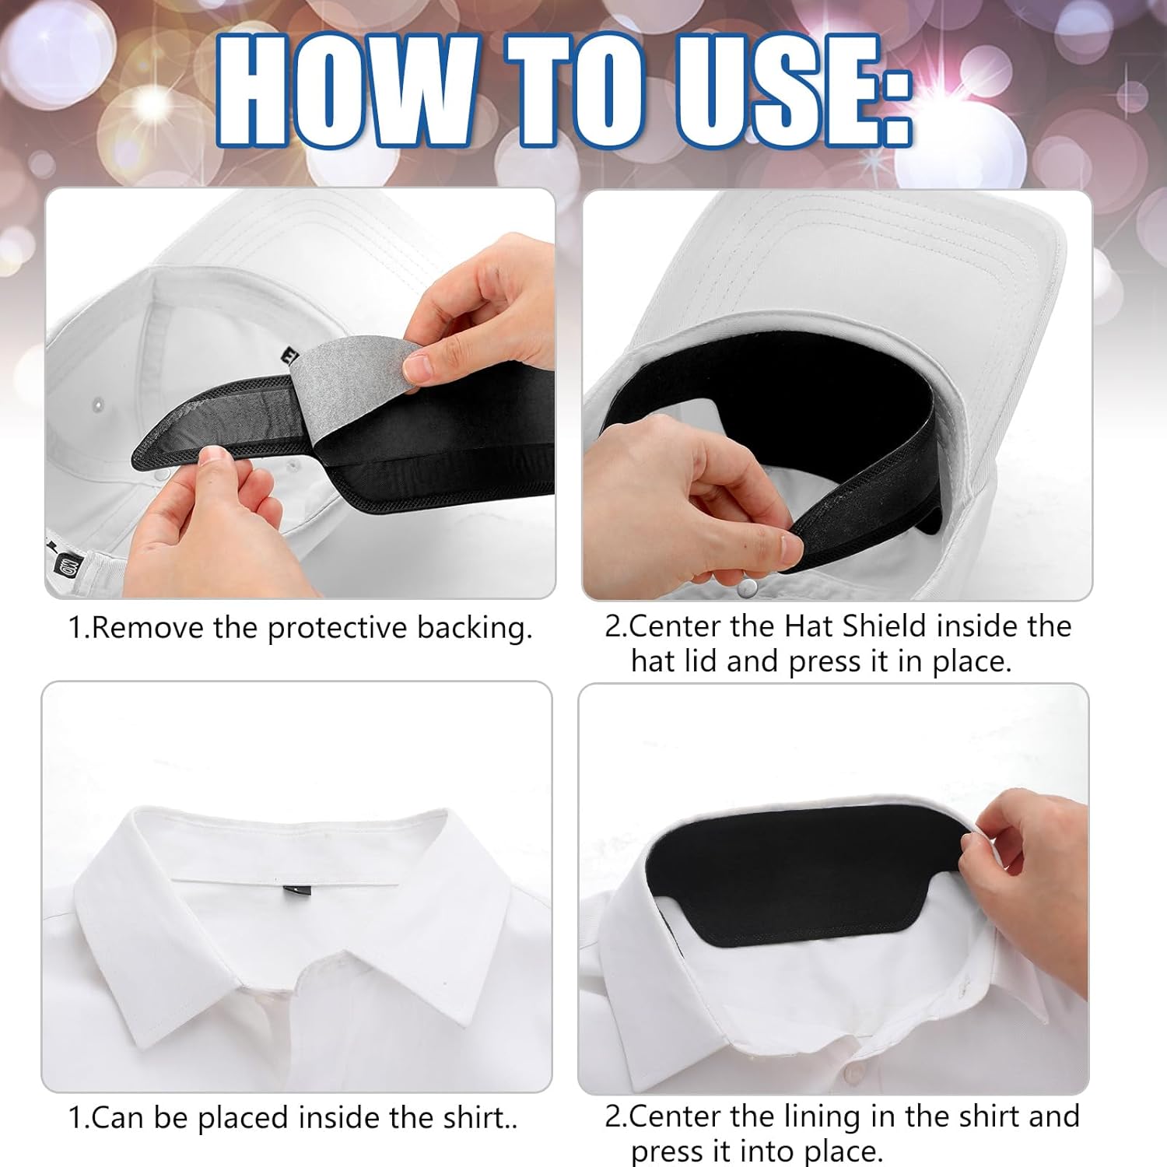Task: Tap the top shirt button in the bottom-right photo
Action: point(855,1077)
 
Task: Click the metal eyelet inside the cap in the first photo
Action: point(97,405)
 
